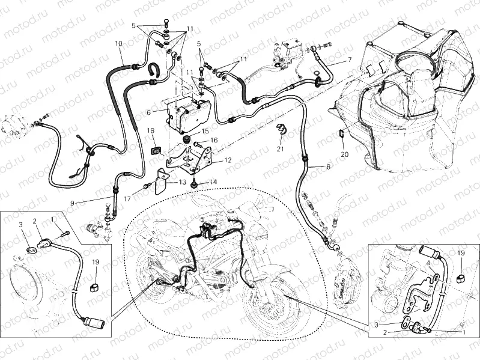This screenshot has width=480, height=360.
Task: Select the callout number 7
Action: point(349,60)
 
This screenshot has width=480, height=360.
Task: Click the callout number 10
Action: point(118,44)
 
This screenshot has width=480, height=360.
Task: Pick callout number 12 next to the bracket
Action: point(228,160)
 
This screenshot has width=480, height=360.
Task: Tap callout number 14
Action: point(213,182)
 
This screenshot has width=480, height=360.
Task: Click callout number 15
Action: point(205,131)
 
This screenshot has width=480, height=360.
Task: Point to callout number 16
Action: point(214,139)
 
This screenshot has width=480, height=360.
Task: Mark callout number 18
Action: point(151,130)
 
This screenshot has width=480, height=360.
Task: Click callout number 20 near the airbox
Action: point(344,154)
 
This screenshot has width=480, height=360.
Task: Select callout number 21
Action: point(280,148)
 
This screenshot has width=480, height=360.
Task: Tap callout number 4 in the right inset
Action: point(428,262)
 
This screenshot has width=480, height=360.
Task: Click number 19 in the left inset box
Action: point(95,262)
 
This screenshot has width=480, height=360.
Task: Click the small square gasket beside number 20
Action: point(339,134)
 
